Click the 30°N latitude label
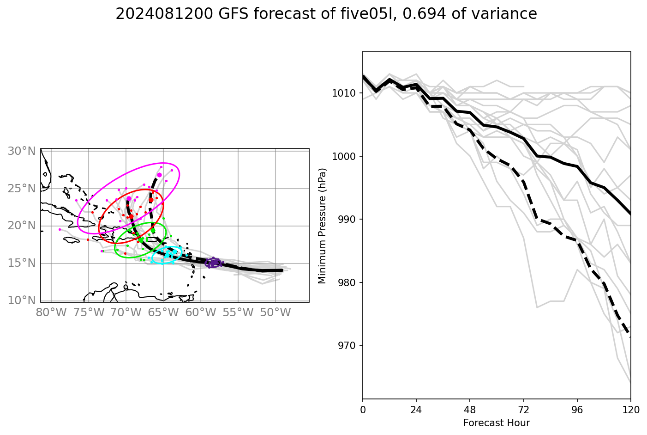[x=22, y=151]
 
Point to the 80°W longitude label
[x=51, y=313]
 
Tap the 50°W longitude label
[x=276, y=313]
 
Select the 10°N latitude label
[x=22, y=300]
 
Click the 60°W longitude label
[x=201, y=313]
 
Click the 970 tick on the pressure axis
[x=344, y=346]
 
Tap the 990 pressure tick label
[x=344, y=220]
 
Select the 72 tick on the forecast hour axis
[x=523, y=409]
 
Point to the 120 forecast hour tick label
[x=630, y=409]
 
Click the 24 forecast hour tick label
[x=416, y=409]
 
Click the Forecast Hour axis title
[x=497, y=423]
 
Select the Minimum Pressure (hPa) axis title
[x=322, y=226]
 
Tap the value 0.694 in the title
[x=425, y=14]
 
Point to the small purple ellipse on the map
[x=213, y=263]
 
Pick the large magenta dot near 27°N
[x=159, y=175]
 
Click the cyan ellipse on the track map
[x=167, y=255]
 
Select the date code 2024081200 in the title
[x=165, y=14]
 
